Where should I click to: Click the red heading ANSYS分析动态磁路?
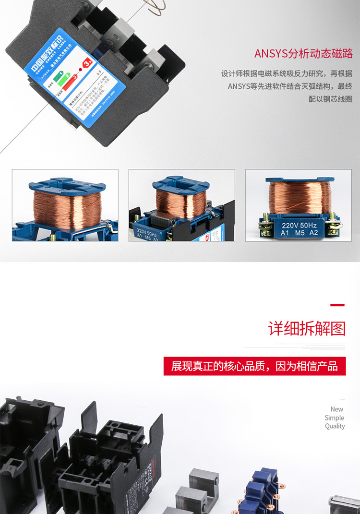point(303,53)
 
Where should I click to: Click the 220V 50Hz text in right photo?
point(300,225)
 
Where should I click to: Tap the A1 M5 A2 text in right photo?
point(300,233)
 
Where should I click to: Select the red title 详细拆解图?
point(307,329)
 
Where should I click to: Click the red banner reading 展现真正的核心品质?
point(254,366)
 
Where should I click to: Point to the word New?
point(337,409)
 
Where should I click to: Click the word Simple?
point(335,418)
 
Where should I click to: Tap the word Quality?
point(335,426)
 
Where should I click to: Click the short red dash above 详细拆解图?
point(337,305)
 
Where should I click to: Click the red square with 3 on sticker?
point(87,63)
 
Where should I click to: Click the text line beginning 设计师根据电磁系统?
point(287,74)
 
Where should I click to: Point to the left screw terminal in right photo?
point(264,226)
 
